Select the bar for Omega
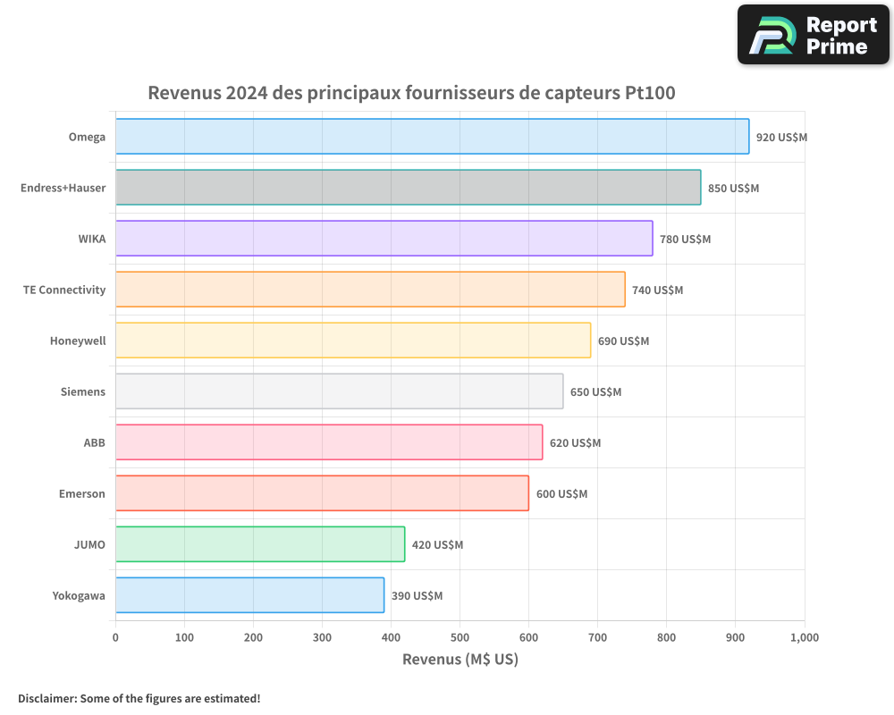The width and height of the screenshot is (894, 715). coord(432,137)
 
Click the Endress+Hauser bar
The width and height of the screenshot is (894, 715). coord(408,188)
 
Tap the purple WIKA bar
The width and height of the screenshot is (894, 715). coord(384,239)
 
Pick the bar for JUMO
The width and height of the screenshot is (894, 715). coord(259,544)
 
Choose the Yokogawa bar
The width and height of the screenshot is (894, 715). coord(249,595)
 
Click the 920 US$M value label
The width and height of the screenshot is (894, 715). coord(781,138)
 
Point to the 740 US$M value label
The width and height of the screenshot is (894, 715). coord(657,290)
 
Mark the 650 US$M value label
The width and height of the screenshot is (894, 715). coord(595,392)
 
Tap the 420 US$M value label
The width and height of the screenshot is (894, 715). coord(437,545)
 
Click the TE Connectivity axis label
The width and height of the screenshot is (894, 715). coord(64,290)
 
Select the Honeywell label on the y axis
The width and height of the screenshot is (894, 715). coord(78,341)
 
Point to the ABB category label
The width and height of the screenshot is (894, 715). coord(94,442)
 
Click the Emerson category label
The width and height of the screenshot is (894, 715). coord(82,493)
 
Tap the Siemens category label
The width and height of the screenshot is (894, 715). coord(83,391)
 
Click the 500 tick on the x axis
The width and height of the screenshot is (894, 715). coord(460,637)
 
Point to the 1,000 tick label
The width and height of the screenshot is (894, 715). coord(804,637)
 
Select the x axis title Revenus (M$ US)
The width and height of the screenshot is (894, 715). coord(460,660)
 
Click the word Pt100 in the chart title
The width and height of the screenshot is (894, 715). coord(650,92)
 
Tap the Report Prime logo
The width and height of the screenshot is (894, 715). coord(813,35)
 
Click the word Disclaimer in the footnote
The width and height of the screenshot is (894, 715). coord(46,698)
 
